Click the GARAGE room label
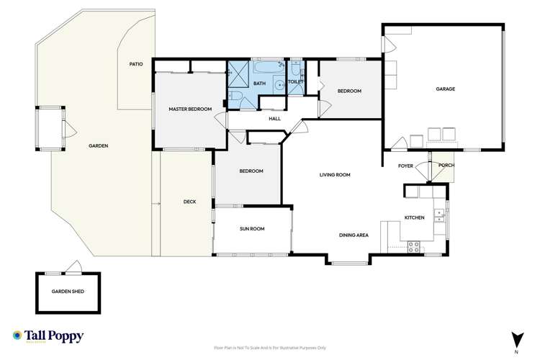[x=445, y=89]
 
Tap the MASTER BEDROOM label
[x=190, y=109]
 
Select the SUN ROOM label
[x=252, y=229]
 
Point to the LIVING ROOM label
[x=335, y=175]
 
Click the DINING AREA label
[x=354, y=235]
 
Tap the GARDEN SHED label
[x=66, y=292]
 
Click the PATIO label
[x=136, y=64]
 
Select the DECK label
[x=190, y=202]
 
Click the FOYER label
[x=405, y=166]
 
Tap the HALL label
[x=274, y=119]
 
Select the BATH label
[x=259, y=84]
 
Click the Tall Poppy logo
[x=48, y=337]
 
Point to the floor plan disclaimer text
[x=270, y=347]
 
